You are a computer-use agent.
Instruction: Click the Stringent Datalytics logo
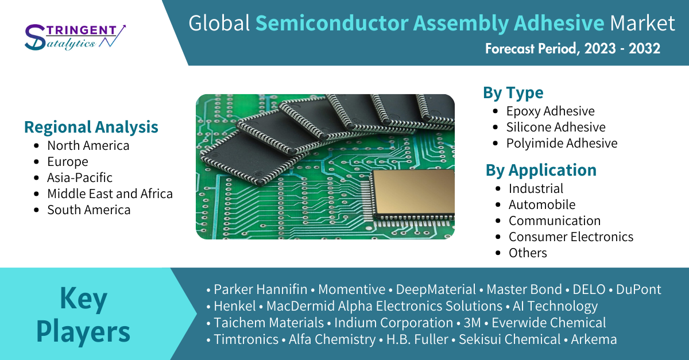[x=75, y=37]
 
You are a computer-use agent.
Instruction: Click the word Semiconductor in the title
[x=332, y=23]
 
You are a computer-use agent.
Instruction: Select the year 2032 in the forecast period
[x=644, y=49]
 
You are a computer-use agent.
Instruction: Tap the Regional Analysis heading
[x=91, y=127]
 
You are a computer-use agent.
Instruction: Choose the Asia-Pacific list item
[x=80, y=177]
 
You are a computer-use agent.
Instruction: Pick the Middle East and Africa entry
[x=110, y=193]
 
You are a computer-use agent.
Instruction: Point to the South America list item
[x=88, y=210]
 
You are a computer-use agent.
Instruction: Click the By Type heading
[x=513, y=93]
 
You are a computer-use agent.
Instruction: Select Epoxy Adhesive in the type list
[x=550, y=111]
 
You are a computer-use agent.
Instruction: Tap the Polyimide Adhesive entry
[x=562, y=144]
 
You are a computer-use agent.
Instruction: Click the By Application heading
[x=541, y=170]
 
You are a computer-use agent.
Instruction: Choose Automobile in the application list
[x=541, y=204]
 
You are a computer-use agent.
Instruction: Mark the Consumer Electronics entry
[x=571, y=237]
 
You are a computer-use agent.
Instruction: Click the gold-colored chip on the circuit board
[x=413, y=193]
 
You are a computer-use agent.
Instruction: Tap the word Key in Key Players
[x=83, y=298]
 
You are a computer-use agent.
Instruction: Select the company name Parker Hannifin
[x=261, y=289]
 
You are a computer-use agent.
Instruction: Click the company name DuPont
[x=638, y=289]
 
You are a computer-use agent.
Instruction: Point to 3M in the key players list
[x=472, y=323]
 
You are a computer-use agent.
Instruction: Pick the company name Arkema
[x=594, y=339]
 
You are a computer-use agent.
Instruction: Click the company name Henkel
[x=235, y=306]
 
